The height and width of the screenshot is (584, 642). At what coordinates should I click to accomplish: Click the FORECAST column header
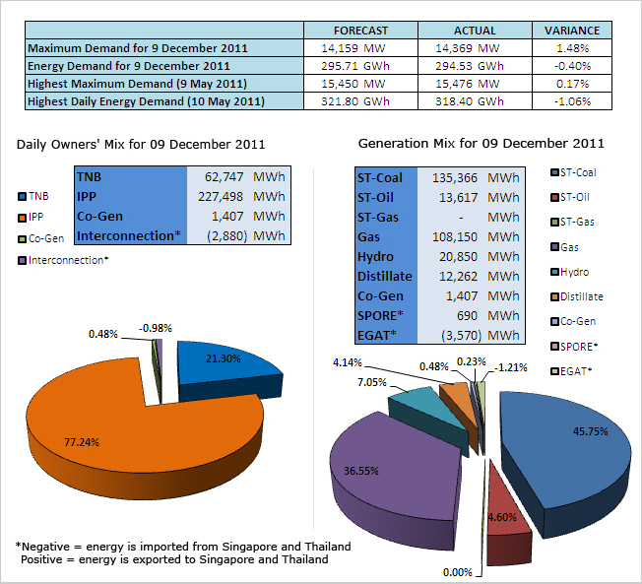pyautogui.click(x=360, y=31)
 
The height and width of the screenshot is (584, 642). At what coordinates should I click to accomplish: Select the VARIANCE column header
pyautogui.click(x=572, y=31)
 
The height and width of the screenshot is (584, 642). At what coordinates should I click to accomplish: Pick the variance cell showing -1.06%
pyautogui.click(x=572, y=101)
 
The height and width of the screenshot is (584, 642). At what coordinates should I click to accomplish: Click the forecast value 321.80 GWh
pyautogui.click(x=360, y=101)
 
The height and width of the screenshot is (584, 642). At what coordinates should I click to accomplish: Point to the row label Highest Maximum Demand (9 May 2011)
pyautogui.click(x=137, y=84)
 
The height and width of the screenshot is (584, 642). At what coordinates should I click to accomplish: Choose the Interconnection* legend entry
pyautogui.click(x=68, y=260)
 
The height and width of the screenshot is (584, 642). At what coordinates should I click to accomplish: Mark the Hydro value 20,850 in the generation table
pyautogui.click(x=467, y=256)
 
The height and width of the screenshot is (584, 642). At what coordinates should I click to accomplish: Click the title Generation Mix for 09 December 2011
pyautogui.click(x=481, y=144)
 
